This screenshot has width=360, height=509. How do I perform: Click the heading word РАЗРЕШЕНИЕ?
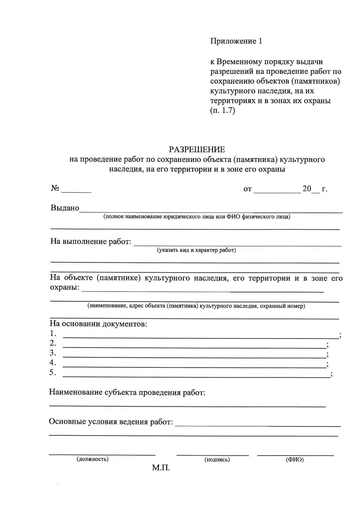pos(197,150)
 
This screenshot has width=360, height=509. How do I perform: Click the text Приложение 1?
pos(236,41)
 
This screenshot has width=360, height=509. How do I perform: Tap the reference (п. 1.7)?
pos(222,111)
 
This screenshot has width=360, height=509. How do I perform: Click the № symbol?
pos(55,188)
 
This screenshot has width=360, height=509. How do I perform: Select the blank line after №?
pos(76,192)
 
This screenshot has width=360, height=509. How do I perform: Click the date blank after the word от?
pos(277,192)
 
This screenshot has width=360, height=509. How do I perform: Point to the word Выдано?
pos(65,208)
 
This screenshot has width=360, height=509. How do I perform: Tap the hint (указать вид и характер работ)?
pos(197,250)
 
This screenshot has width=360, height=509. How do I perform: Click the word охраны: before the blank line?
pos(64,287)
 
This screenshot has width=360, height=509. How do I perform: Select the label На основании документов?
pos(98,324)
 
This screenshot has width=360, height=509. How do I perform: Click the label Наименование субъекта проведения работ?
pos(127,393)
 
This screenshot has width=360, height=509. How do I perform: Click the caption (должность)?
pos(92,459)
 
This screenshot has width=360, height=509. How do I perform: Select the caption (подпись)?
pos(217,459)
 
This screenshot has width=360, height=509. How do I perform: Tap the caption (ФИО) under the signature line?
pos(295,459)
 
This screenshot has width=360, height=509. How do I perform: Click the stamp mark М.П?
pos(161,468)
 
